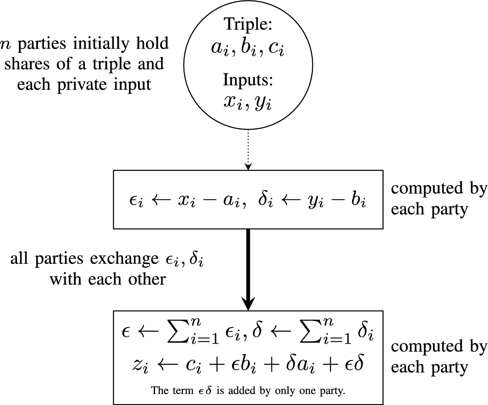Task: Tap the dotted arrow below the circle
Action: tap(248, 151)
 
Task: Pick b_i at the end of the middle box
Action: tap(359, 200)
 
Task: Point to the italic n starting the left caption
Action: tap(5, 44)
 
